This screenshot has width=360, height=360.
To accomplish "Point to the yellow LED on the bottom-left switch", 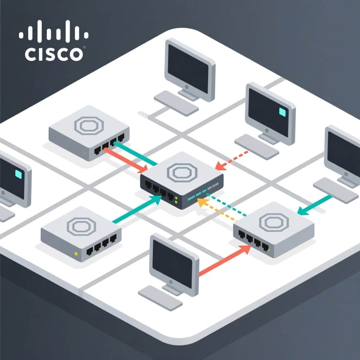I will (77, 254).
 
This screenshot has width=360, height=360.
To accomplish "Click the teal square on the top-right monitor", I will (281, 111).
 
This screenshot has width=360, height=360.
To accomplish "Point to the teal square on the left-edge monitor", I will (18, 175).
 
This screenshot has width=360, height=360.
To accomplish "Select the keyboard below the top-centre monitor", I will (176, 103).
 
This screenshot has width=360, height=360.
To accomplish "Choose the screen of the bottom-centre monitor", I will (172, 260).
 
